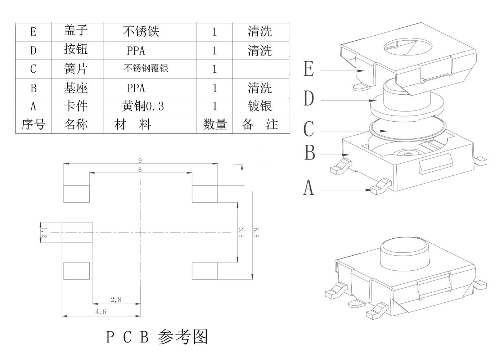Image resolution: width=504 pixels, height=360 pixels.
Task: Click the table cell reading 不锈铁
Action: coord(141,32)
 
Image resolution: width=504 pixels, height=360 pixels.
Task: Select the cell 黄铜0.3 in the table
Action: coord(143,106)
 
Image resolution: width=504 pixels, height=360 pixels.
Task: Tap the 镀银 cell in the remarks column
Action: coord(260,106)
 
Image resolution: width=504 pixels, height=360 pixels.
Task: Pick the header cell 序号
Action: coord(33,124)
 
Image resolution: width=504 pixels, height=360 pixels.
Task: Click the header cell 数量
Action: coord(215,125)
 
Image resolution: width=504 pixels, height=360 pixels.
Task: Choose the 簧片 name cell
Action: coord(76,68)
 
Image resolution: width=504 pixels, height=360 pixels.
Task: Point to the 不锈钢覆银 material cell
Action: coord(146,68)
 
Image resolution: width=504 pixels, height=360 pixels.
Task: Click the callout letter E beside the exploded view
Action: coord(309,69)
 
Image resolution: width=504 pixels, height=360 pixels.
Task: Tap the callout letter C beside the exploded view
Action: coord(309,129)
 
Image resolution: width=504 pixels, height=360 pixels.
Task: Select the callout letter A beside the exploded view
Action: coord(309,188)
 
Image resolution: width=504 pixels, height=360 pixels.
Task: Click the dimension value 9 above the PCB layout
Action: coord(140,161)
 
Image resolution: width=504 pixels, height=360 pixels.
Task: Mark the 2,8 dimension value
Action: coord(116,300)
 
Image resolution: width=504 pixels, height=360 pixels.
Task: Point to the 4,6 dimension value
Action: coord(101,312)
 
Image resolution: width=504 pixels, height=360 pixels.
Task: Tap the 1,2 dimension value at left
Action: coord(44,232)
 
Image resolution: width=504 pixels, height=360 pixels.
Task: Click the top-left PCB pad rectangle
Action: coord(76,194)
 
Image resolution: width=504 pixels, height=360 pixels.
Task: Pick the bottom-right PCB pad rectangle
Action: coord(205,271)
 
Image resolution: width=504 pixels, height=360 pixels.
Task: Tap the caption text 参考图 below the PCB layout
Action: coord(183,337)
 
